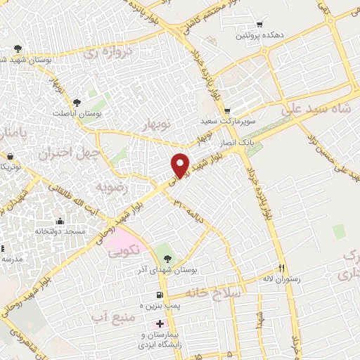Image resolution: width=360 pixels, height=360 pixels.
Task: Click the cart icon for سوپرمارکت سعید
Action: click(x=227, y=111)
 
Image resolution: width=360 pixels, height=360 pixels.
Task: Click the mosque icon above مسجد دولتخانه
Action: click(x=59, y=221)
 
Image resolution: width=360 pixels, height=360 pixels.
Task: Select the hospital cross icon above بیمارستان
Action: click(x=160, y=324)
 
